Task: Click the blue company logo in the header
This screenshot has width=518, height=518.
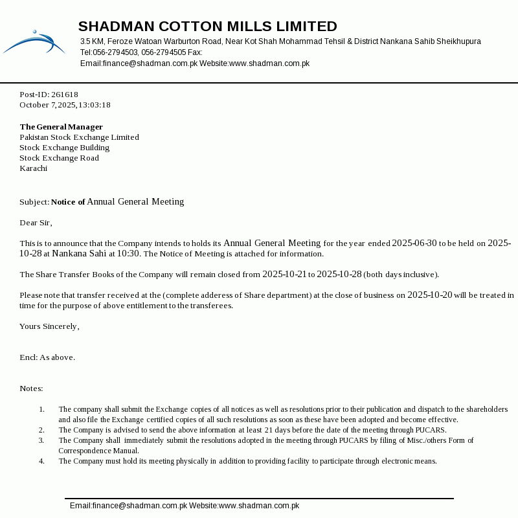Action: [34, 42]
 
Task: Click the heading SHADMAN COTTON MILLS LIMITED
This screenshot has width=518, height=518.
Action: [207, 27]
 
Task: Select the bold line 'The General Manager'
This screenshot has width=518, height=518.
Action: [61, 127]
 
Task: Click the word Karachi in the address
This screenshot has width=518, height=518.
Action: [33, 168]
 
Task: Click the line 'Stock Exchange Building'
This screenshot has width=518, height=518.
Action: [64, 148]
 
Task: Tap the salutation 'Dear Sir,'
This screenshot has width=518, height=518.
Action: [36, 223]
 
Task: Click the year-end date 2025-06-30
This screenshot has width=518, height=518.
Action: [414, 243]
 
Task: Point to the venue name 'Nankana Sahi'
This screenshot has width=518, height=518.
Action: [79, 254]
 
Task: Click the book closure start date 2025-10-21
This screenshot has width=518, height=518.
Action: [284, 275]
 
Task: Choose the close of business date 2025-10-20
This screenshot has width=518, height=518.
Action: [429, 295]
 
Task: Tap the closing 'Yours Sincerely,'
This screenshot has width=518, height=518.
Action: [49, 326]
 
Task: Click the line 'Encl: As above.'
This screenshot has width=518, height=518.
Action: [47, 357]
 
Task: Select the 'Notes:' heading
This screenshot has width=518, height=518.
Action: [31, 388]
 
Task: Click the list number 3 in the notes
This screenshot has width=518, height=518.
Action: [41, 440]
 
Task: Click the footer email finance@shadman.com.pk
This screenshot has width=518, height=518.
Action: [128, 506]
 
